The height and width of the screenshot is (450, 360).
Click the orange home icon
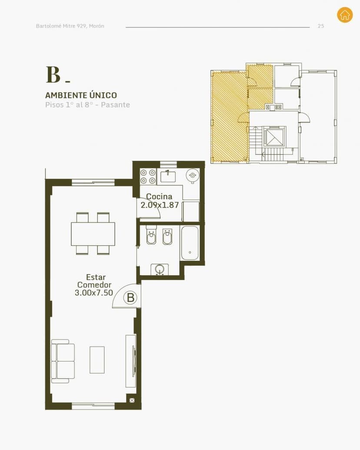point(345,15)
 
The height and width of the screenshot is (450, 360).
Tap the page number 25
point(321,26)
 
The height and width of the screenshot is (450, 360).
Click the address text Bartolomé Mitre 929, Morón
point(70,26)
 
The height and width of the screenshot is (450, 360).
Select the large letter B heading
point(53,74)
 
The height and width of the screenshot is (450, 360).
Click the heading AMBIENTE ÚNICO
point(81,95)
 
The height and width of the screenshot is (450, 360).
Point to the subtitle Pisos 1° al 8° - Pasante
point(87,105)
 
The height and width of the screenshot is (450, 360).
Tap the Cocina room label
point(159,197)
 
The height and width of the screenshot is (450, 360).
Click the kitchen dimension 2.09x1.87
point(160,205)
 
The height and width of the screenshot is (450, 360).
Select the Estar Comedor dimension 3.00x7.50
point(94,293)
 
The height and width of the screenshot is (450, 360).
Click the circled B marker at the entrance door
point(130,298)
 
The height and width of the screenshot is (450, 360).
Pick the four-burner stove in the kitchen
point(148,177)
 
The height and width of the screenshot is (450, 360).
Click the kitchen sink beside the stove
point(168,176)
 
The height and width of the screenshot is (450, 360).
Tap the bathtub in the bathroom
point(190,243)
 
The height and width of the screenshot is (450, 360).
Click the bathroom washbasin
point(160,269)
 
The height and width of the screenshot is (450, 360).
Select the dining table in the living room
point(93,234)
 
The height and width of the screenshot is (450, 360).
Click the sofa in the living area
point(63,361)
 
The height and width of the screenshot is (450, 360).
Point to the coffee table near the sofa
point(97,360)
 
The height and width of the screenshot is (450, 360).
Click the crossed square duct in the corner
point(132,400)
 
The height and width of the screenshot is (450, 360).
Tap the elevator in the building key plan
point(274,137)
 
